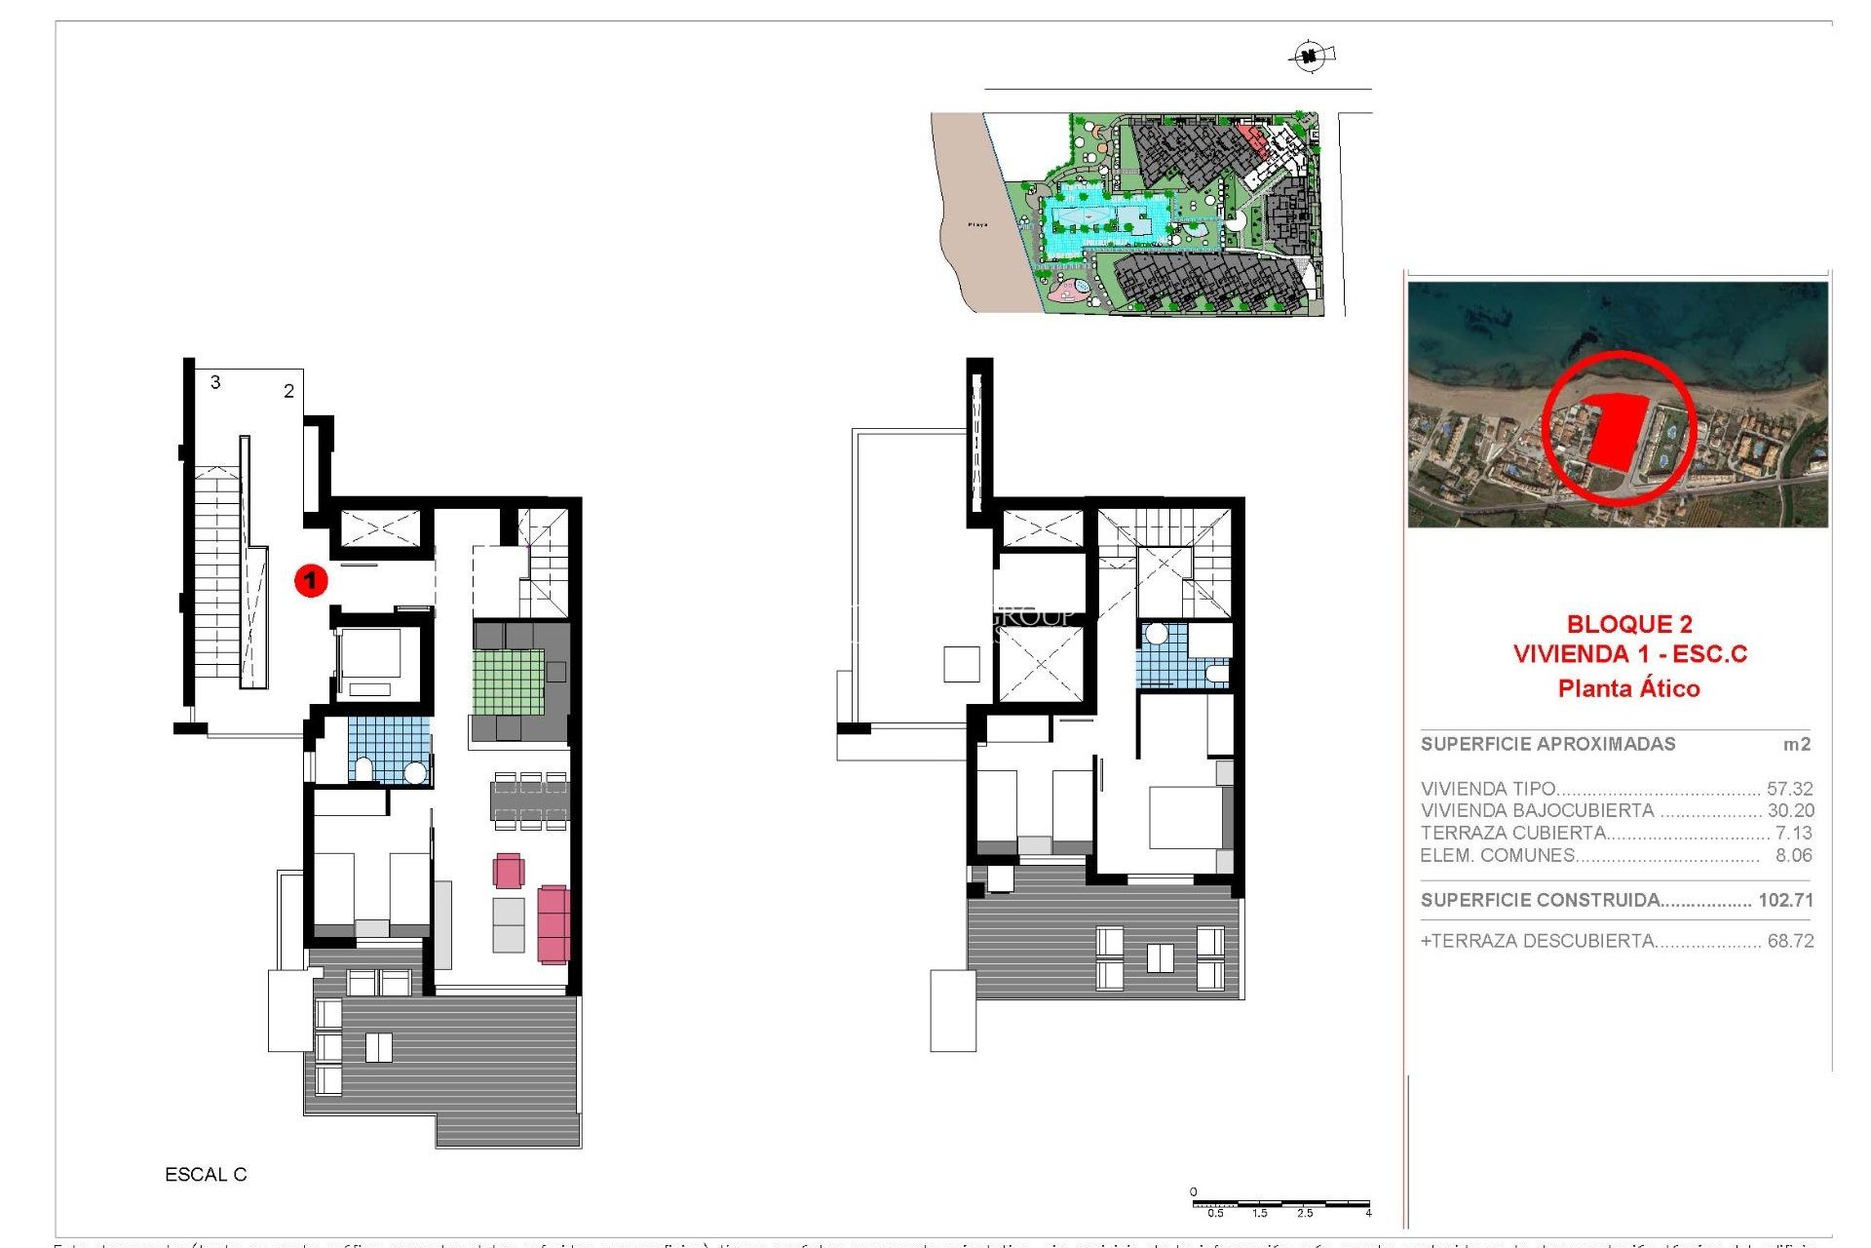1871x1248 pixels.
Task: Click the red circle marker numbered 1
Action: point(311,581)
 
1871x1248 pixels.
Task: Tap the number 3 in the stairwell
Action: point(215,382)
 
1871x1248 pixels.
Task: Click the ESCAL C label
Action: point(206,1175)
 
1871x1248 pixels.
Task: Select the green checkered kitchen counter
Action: point(508,682)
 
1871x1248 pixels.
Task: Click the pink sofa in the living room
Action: point(553,923)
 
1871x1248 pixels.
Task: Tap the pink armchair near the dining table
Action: point(508,870)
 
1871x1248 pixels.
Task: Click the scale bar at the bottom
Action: point(1280,1205)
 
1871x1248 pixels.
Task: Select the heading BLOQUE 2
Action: point(1629,624)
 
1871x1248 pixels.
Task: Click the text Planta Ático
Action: point(1628,688)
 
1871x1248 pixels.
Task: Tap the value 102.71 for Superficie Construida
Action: point(1785,900)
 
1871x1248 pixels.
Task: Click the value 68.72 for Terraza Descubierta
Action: point(1790,941)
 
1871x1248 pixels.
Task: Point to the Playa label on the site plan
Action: point(977,224)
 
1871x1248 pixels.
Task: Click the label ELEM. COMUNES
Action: point(1497,855)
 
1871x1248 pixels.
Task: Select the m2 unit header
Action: point(1796,744)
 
